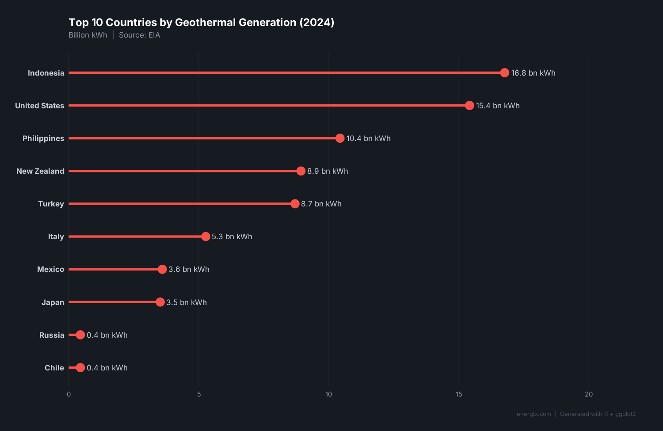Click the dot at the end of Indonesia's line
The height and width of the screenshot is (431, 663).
point(504,73)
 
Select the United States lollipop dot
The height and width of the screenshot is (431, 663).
point(469,106)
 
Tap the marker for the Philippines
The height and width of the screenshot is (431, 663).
point(339,138)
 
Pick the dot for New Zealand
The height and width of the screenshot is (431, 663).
point(301,171)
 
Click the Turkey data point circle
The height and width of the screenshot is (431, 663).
point(295,204)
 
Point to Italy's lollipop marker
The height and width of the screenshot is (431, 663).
point(206,236)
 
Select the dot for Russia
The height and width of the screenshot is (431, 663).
point(80,335)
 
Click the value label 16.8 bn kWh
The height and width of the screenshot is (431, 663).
point(533,73)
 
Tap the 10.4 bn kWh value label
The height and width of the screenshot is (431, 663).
point(368,138)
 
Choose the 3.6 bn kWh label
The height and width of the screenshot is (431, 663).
point(189,269)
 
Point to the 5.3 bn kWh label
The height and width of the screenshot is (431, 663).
point(232,236)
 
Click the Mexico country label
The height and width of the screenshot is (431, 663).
point(50,269)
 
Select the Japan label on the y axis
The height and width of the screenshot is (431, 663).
point(53,302)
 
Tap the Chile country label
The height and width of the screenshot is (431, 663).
point(54,368)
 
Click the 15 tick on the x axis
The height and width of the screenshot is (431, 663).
point(459,394)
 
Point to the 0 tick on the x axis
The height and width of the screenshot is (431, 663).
point(69,394)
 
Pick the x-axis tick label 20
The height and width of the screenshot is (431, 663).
point(589,394)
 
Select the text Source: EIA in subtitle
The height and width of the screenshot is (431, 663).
point(139,35)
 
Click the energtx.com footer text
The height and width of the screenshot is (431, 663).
point(534,414)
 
